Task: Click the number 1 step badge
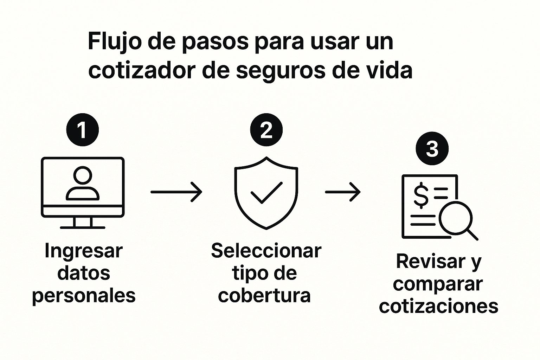[x=83, y=130]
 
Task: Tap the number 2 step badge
[x=266, y=130]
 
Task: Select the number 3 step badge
[x=432, y=149]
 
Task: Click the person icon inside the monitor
[x=83, y=183]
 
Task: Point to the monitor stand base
[x=83, y=227]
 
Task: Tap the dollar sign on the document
[x=421, y=195]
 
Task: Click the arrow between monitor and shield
[x=176, y=192]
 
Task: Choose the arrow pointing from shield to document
[x=343, y=192]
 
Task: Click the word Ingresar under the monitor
[x=84, y=251]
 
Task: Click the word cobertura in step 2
[x=264, y=295]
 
